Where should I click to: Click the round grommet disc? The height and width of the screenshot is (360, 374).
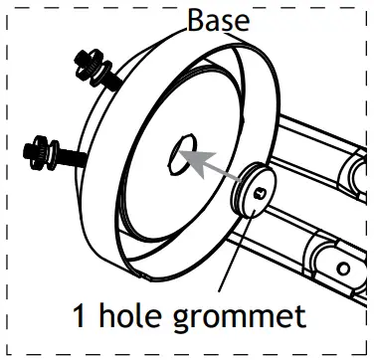(x=258, y=189)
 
